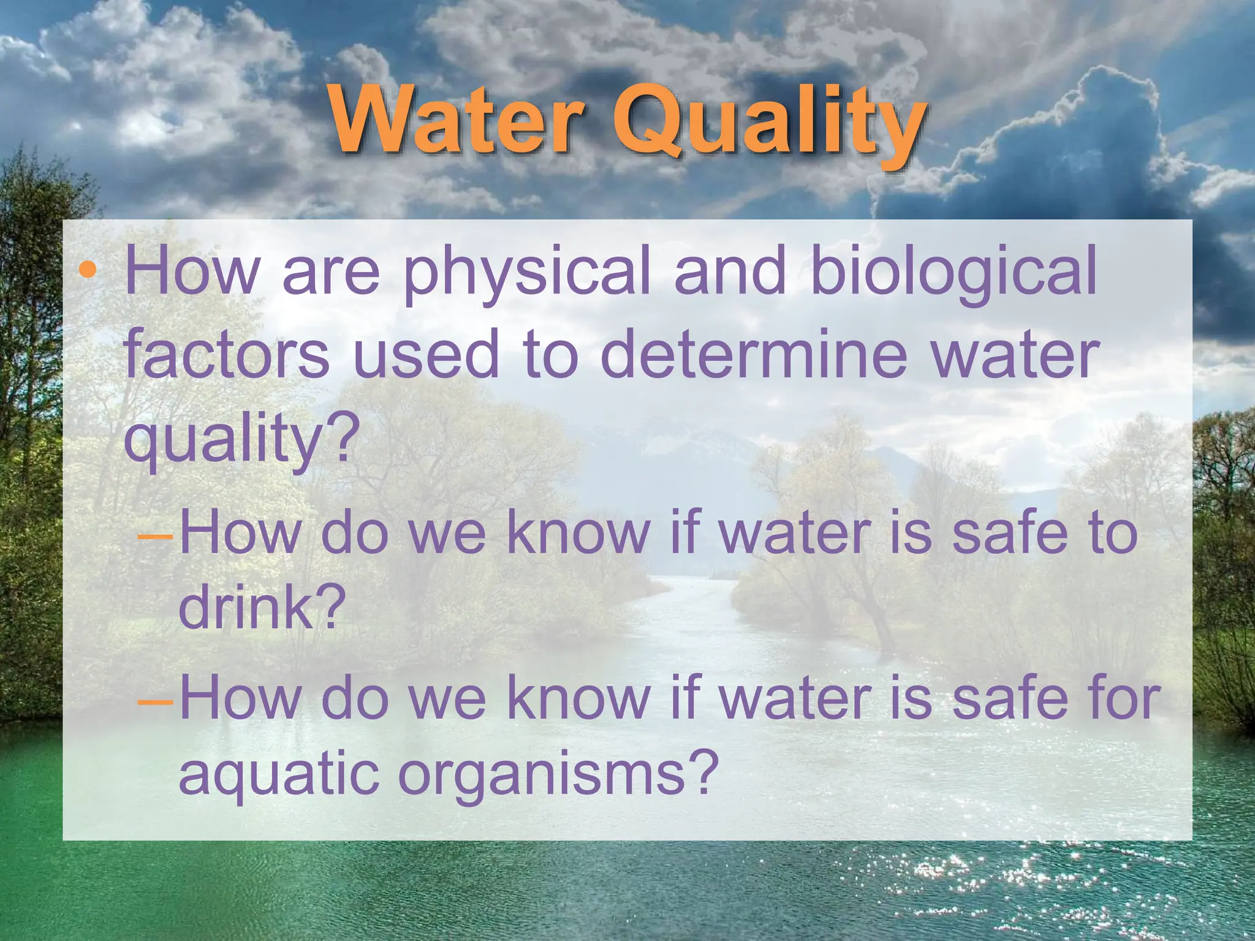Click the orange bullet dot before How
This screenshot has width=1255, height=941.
(88, 270)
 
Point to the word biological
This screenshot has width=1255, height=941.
(953, 273)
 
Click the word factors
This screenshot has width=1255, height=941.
(227, 355)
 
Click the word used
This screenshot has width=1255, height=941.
(426, 355)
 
